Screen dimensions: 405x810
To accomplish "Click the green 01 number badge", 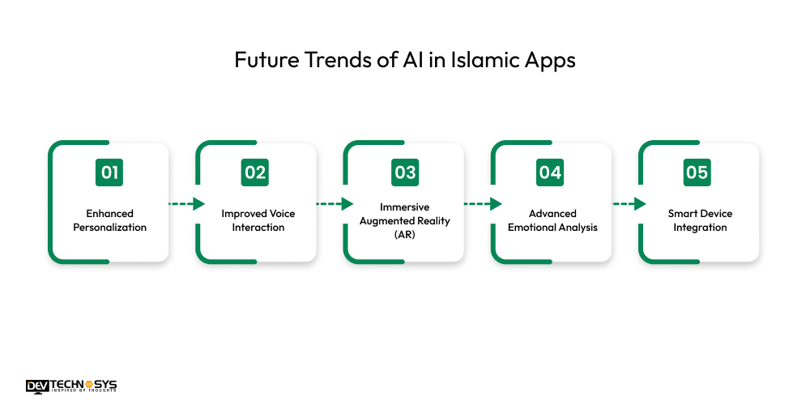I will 109,173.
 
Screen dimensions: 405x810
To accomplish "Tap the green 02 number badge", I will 255,173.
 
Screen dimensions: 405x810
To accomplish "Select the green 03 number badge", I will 404,173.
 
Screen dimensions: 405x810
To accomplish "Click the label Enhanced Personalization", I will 110,220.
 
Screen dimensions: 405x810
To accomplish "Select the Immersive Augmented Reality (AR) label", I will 404,221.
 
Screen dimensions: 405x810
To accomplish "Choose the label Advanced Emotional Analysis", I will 552,220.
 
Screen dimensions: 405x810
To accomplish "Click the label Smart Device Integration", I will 700,220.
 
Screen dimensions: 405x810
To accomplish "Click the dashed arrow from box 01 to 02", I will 186,204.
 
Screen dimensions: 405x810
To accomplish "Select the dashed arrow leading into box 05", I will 629,204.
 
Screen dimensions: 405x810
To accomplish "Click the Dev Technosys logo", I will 71,386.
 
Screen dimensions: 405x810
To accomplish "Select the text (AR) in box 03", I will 404,235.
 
